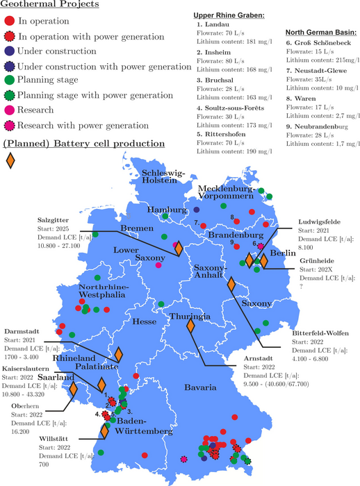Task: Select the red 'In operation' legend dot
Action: pyautogui.click(x=10, y=22)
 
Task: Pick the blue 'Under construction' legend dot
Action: pyautogui.click(x=10, y=51)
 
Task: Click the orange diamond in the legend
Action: pyautogui.click(x=10, y=160)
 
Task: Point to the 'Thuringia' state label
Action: pyautogui.click(x=190, y=317)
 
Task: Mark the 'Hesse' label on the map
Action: pyautogui.click(x=144, y=321)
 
